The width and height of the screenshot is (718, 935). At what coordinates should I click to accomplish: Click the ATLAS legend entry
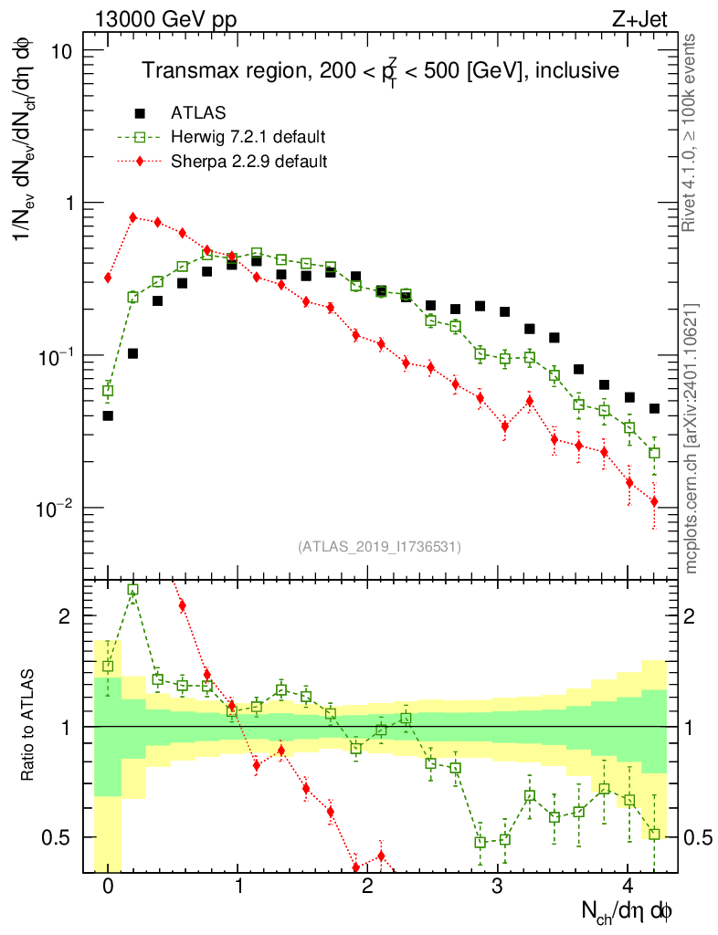197,113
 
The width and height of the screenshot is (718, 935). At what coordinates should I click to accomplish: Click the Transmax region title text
380,70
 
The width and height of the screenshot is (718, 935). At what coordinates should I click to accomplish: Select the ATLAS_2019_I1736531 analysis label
379,547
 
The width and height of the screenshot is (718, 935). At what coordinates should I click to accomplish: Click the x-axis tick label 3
497,886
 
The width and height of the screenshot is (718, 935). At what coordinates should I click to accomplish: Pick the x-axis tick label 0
108,886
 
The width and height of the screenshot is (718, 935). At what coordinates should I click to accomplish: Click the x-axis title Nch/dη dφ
628,910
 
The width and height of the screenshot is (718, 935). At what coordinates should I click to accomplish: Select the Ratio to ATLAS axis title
30,727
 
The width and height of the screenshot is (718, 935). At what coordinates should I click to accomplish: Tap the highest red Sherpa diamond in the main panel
133,217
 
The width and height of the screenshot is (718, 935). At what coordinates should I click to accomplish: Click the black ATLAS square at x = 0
108,415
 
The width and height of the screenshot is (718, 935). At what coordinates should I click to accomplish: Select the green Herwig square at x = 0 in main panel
108,391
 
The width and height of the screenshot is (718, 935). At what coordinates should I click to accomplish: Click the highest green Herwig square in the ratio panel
133,590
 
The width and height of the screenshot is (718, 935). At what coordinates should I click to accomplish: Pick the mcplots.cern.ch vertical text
692,438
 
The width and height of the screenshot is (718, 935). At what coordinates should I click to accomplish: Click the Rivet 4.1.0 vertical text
692,132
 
